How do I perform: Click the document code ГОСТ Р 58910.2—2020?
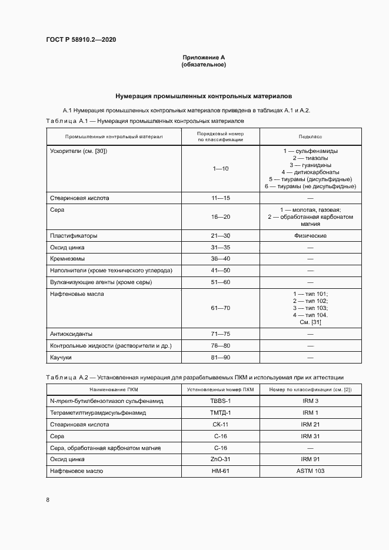[85, 39]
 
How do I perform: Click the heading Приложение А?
[204, 57]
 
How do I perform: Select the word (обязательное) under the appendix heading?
[204, 65]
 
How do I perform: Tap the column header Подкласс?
[310, 136]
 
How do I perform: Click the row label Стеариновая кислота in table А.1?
[79, 198]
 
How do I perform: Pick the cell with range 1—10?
[221, 169]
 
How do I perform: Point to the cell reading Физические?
[310, 236]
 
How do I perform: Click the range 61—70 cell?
[221, 308]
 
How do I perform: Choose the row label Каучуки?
[61, 358]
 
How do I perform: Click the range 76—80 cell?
[221, 345]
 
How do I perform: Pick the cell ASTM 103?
[310, 471]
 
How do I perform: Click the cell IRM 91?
[310, 459]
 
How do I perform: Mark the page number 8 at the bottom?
[48, 500]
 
